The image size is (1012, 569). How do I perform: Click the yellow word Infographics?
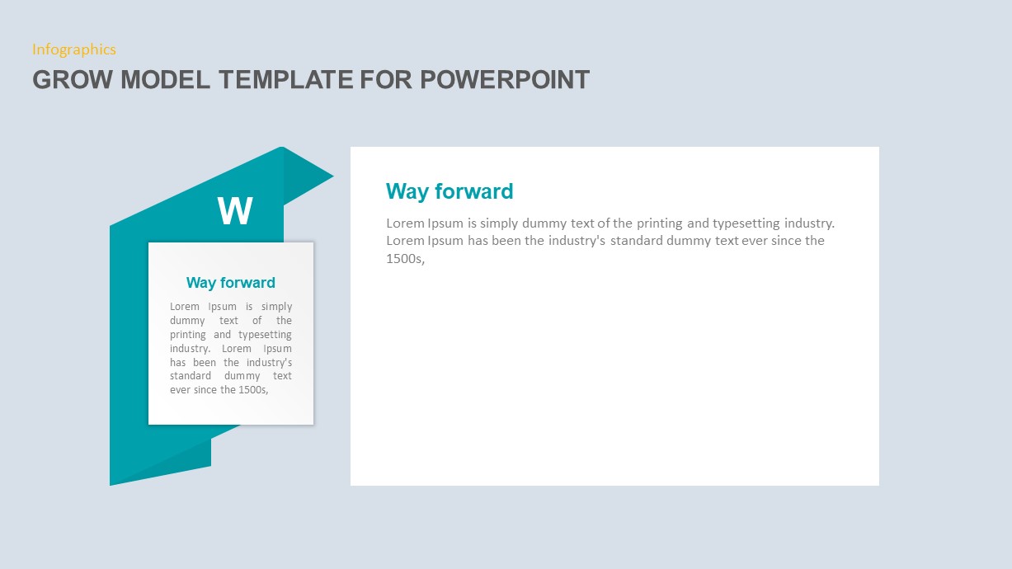(x=74, y=49)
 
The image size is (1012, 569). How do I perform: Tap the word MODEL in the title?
(x=166, y=80)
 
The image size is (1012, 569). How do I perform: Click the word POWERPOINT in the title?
(x=505, y=80)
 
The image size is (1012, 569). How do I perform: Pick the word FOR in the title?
(x=387, y=80)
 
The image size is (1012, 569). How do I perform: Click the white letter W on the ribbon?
(x=235, y=212)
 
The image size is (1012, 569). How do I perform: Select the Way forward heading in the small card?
(x=231, y=283)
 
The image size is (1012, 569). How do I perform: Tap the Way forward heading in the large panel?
(x=450, y=191)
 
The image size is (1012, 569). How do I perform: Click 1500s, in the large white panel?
(x=405, y=259)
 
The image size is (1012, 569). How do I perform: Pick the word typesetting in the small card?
(x=265, y=335)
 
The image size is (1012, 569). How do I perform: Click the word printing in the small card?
(x=188, y=335)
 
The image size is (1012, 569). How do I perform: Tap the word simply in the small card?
(x=276, y=307)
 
